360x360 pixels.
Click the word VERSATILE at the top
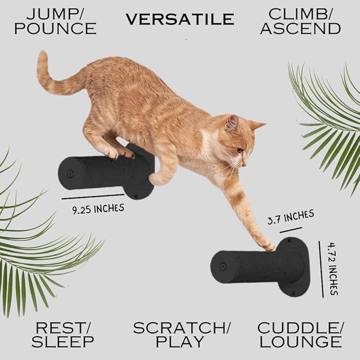click(x=180, y=20)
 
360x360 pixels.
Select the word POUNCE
click(x=55, y=29)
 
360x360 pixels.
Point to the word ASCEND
click(x=300, y=29)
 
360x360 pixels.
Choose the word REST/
click(x=63, y=327)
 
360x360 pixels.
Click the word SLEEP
click(x=63, y=343)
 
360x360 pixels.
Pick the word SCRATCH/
click(x=182, y=327)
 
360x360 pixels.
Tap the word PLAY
click(x=182, y=343)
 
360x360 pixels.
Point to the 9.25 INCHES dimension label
click(x=98, y=208)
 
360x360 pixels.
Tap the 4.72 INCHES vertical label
click(x=332, y=269)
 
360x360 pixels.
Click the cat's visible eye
click(x=240, y=150)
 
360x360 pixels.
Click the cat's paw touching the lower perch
click(x=268, y=245)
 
